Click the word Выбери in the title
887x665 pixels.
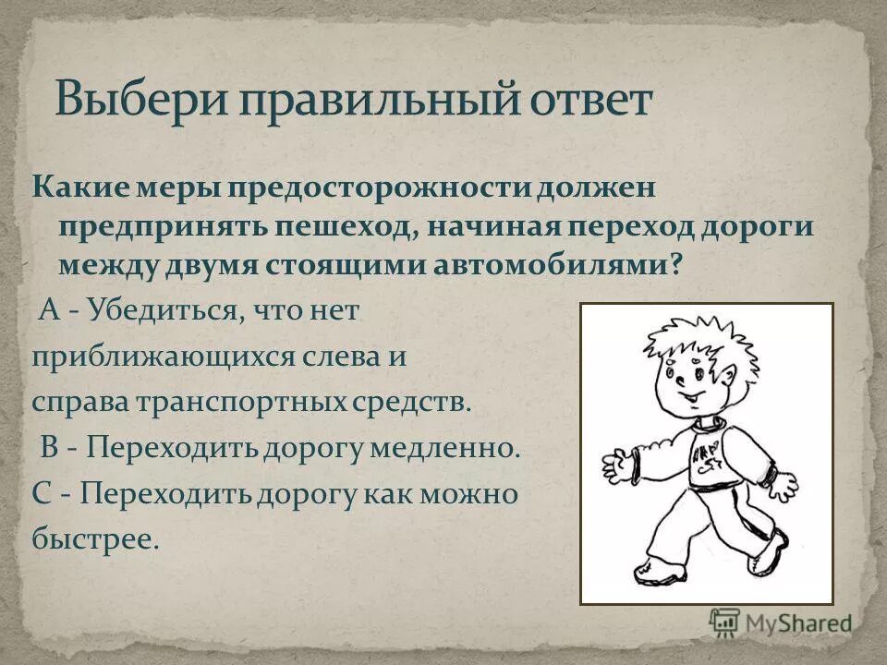[139, 100]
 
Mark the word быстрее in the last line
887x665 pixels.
[96, 538]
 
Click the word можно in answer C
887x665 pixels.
[468, 493]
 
